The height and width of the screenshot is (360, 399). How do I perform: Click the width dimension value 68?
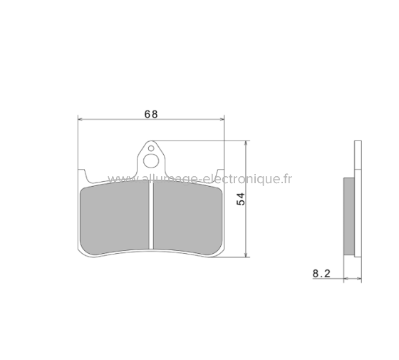coord(150,113)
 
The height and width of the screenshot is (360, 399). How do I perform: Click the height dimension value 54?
coord(241,199)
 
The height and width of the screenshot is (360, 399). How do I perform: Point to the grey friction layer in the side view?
coord(348,217)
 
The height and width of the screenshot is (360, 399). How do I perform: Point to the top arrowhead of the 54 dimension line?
coord(247,143)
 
